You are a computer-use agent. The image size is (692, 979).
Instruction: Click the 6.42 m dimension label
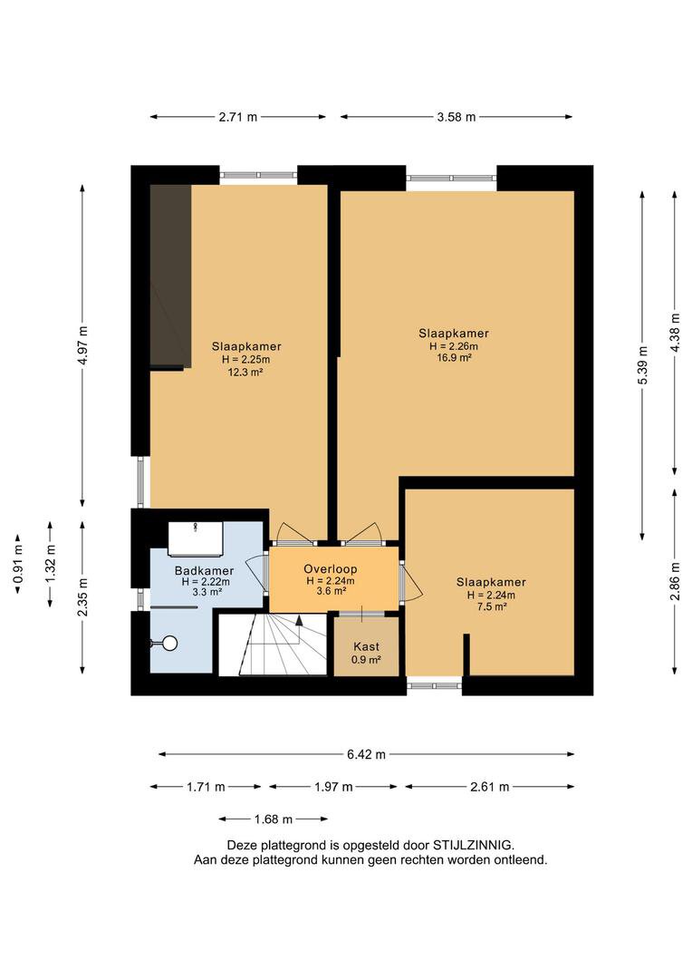[x=366, y=754]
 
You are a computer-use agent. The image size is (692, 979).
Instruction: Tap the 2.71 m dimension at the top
[x=237, y=117]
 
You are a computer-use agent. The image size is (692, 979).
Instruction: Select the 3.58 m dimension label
[x=457, y=117]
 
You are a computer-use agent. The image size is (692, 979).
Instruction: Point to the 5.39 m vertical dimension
[x=643, y=365]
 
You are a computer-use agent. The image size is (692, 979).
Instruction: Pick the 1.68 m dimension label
[x=274, y=819]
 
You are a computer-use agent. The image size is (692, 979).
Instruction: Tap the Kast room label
[x=366, y=647]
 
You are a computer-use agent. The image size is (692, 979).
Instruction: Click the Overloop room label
[x=330, y=568]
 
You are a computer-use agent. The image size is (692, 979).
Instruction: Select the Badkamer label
[x=204, y=571]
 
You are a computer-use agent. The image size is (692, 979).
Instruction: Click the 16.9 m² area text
[x=454, y=358]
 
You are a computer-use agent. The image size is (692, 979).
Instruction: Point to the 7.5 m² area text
[x=491, y=606]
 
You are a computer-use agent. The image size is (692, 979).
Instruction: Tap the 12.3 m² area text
[x=245, y=372]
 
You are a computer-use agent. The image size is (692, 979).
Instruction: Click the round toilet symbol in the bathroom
[x=169, y=643]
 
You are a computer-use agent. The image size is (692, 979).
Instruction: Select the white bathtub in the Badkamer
[x=196, y=538]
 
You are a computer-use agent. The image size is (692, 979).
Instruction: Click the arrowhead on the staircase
[x=299, y=620]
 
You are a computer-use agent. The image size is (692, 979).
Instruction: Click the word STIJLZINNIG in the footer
[x=473, y=846]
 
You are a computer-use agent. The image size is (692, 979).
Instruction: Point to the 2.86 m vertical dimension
[x=675, y=581]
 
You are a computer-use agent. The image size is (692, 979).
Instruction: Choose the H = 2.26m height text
[x=454, y=346]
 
